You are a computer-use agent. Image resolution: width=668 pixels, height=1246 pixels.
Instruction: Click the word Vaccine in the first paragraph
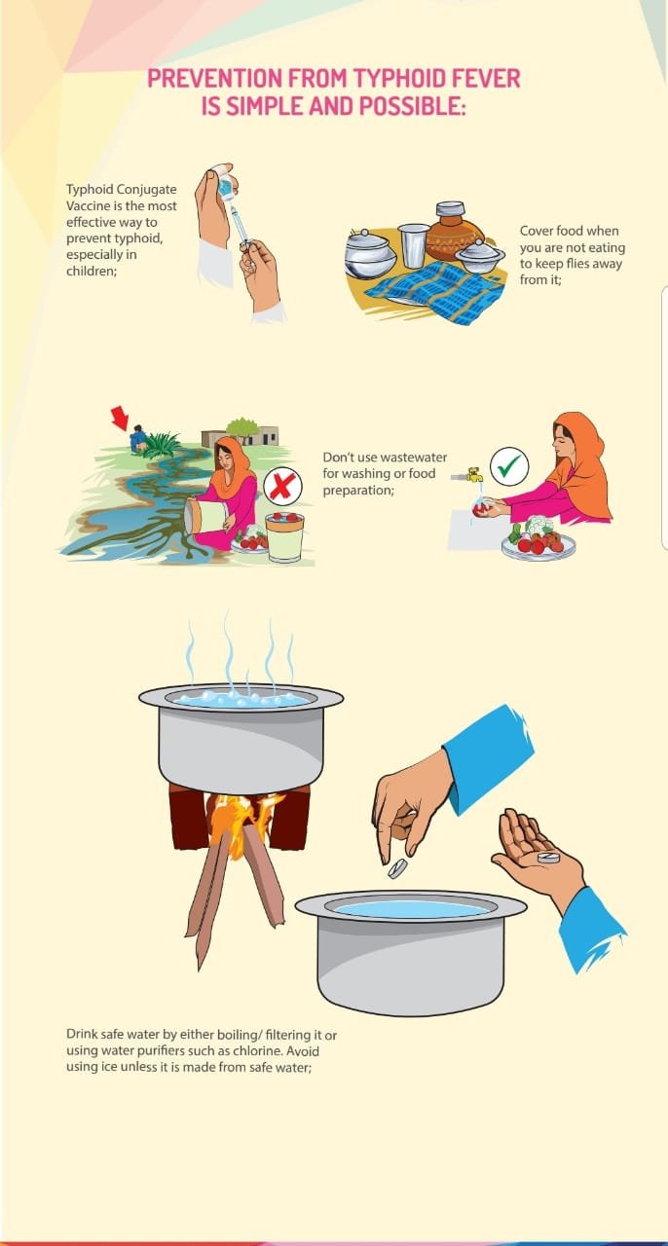pos(90,207)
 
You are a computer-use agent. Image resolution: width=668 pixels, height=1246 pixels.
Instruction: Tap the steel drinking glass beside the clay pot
pos(413,244)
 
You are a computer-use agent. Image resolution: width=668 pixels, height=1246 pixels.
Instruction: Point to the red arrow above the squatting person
pos(121,419)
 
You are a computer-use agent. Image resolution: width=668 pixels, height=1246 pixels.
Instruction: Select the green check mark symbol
pos(508,467)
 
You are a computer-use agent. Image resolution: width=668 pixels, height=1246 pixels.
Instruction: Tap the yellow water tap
pos(474,475)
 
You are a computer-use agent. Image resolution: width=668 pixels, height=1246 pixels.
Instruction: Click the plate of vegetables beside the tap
pos(538,541)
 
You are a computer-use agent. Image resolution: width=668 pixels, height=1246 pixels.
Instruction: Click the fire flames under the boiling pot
pos(239,812)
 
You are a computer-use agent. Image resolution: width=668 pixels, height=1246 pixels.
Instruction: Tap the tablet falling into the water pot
pos(396,868)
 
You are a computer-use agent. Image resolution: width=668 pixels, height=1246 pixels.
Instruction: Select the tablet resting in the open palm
pos(550,858)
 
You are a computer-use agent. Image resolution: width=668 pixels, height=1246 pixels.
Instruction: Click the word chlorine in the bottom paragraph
pos(281,1051)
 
